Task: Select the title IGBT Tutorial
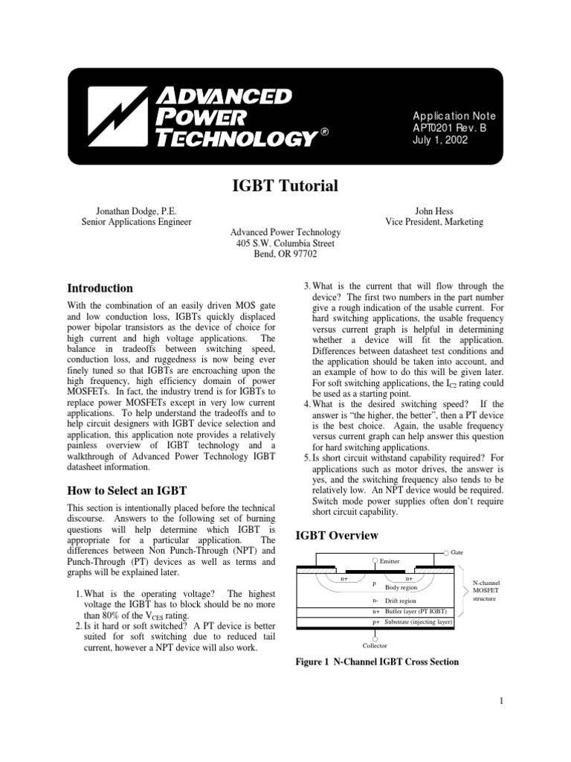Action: pos(285,186)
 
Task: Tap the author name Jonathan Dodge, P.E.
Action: pos(136,211)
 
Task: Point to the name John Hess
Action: pos(434,211)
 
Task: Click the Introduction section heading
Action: pos(100,289)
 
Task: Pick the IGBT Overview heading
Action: pos(338,536)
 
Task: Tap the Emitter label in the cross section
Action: pos(390,560)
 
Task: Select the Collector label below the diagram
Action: pos(374,645)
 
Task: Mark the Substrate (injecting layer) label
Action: pos(419,620)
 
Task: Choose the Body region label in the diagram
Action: pos(401,588)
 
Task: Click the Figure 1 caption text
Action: pos(377,662)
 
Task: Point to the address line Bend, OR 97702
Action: pos(285,254)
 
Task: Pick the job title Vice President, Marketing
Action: pos(434,222)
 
